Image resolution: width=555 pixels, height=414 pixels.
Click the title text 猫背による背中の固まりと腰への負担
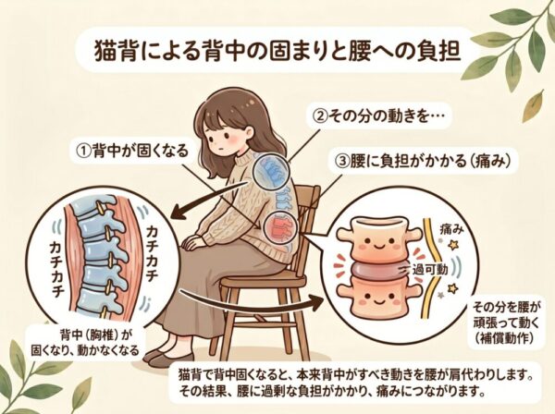(277, 52)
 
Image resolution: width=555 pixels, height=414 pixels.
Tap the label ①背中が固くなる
(132, 152)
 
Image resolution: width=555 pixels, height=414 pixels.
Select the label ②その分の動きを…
(378, 116)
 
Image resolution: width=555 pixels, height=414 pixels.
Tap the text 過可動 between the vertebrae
(430, 270)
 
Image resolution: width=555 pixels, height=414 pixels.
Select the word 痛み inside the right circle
(451, 230)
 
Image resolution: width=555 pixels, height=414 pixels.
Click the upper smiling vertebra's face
(376, 244)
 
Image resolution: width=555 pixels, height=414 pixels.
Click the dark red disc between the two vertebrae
(378, 270)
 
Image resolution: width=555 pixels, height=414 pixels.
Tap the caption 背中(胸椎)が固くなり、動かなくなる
(85, 342)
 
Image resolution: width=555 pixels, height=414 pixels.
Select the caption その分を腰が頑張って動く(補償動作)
(507, 323)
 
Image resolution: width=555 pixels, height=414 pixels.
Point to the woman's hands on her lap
(192, 243)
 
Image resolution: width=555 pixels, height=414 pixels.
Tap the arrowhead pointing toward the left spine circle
(179, 213)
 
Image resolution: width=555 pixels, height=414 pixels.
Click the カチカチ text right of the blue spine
(152, 252)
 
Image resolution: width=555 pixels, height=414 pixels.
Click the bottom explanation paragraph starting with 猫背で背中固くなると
(356, 383)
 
